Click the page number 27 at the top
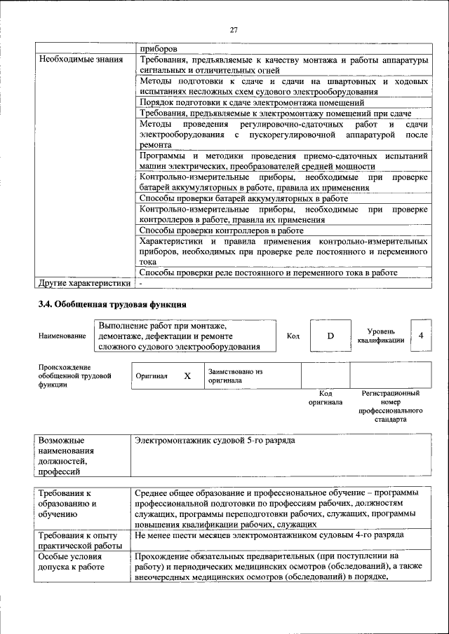pyautogui.click(x=234, y=29)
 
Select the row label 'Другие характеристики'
pyautogui.click(x=84, y=284)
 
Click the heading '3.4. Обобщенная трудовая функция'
pyautogui.click(x=112, y=305)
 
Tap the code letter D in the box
pyautogui.click(x=330, y=336)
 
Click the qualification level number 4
pyautogui.click(x=420, y=336)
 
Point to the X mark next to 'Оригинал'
pyautogui.click(x=187, y=375)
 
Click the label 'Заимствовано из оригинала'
pyautogui.click(x=234, y=375)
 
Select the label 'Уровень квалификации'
pyautogui.click(x=380, y=336)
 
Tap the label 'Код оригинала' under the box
pyautogui.click(x=325, y=398)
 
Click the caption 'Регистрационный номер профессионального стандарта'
pyautogui.click(x=390, y=408)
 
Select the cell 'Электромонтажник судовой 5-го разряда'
pyautogui.click(x=216, y=441)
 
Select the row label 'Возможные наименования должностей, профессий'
pyautogui.click(x=67, y=456)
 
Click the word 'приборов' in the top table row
pyautogui.click(x=158, y=49)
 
